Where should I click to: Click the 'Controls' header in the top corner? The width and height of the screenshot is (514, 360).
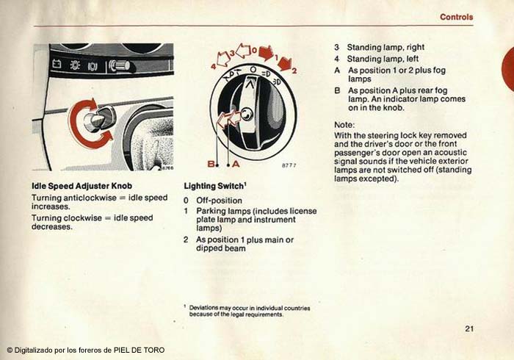click(x=456, y=17)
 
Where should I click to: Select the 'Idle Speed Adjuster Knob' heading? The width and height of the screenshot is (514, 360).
click(x=82, y=186)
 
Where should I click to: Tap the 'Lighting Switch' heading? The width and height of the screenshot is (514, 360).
click(x=214, y=186)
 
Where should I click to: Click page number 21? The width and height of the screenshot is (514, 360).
click(x=469, y=328)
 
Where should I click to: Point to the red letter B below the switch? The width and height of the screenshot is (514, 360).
click(x=211, y=164)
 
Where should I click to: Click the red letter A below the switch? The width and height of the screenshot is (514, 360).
click(x=236, y=164)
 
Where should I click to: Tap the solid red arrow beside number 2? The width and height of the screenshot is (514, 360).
click(x=285, y=63)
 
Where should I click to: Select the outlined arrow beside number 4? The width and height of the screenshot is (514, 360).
click(x=223, y=59)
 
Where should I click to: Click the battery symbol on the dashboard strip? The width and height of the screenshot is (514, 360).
click(x=57, y=63)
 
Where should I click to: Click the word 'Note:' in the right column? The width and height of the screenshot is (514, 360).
click(x=344, y=125)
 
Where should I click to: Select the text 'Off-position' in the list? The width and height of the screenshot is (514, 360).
click(x=219, y=201)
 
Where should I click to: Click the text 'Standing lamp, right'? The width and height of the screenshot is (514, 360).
click(x=385, y=48)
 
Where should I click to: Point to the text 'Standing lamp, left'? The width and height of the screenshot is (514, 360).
click(x=383, y=59)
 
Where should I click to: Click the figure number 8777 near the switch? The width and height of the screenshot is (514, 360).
click(x=289, y=165)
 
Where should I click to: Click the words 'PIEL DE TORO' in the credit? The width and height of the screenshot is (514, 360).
click(x=139, y=350)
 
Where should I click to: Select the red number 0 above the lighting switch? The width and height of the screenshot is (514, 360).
click(x=254, y=51)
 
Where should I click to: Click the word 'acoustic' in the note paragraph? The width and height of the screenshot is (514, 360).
click(x=450, y=153)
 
